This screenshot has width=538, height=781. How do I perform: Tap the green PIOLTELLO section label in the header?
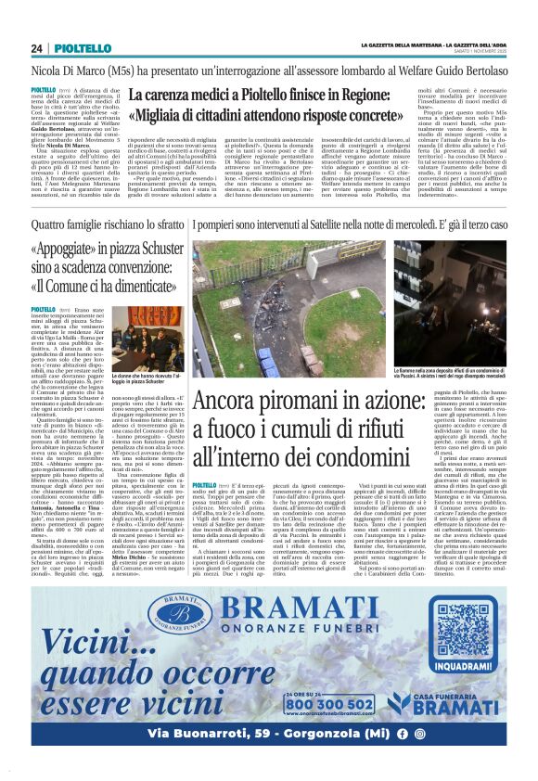[76, 48]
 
